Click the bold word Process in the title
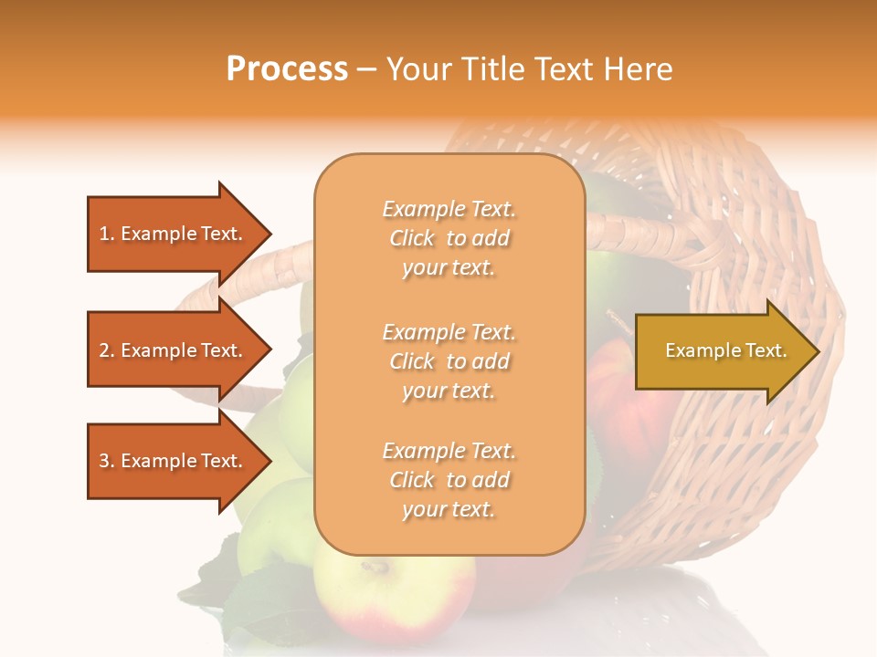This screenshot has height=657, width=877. click(287, 69)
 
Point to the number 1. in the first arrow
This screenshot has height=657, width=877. click(107, 234)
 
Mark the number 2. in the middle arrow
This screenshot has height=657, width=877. click(107, 350)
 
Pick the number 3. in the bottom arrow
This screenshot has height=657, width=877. click(107, 461)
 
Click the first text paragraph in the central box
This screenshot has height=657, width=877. click(449, 238)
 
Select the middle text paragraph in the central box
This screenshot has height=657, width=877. click(449, 361)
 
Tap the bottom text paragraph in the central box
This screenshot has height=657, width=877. click(449, 480)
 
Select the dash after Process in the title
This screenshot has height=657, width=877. click(367, 69)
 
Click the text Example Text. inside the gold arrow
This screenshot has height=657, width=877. click(725, 350)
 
